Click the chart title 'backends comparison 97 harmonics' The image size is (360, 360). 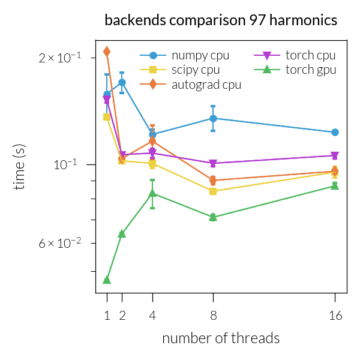click(x=221, y=20)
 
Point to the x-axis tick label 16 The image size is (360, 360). click(x=335, y=314)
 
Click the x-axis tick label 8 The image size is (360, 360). click(x=213, y=314)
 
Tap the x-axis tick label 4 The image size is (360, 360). click(x=152, y=314)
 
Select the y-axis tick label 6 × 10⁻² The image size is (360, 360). click(x=61, y=243)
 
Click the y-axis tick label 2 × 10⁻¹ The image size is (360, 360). click(x=61, y=58)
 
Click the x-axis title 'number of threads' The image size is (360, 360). click(x=221, y=338)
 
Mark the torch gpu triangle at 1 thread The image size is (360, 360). click(x=107, y=280)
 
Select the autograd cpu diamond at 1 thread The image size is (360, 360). click(x=107, y=52)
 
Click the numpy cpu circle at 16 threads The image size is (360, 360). click(x=335, y=132)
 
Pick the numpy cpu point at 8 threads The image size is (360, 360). click(x=213, y=118)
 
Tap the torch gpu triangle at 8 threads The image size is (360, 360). click(x=213, y=217)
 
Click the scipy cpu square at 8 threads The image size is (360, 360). click(x=213, y=191)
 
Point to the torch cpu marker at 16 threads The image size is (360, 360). click(x=335, y=155)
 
